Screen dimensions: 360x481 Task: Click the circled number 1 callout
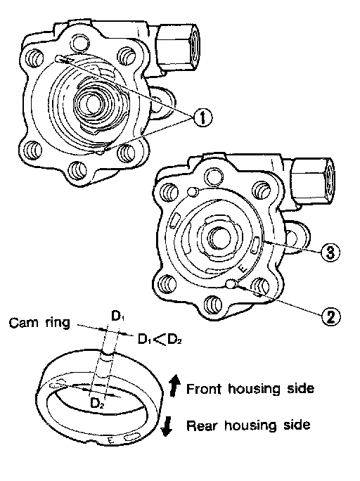(202, 118)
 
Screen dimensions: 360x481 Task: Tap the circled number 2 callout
(331, 316)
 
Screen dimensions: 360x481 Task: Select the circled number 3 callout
(330, 253)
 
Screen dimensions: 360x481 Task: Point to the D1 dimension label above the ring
(117, 316)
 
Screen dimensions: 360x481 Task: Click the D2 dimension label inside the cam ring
(98, 404)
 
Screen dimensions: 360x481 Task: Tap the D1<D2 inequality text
(160, 339)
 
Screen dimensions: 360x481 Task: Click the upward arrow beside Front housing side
(174, 385)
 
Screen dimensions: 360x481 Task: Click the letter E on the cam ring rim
(111, 440)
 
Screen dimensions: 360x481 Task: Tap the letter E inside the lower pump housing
(242, 269)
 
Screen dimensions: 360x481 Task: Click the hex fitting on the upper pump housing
(177, 47)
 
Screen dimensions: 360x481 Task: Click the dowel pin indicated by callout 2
(231, 284)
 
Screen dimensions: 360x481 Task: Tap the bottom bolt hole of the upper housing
(77, 169)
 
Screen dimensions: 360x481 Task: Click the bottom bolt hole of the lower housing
(212, 304)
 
